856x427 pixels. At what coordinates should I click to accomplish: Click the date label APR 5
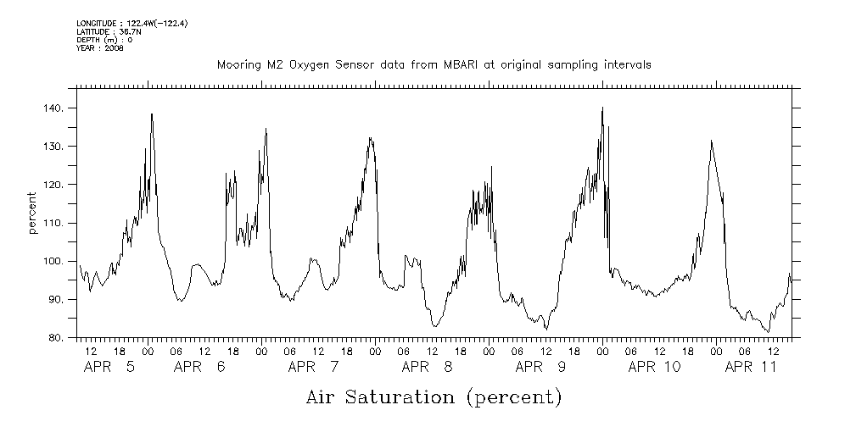[x=109, y=367]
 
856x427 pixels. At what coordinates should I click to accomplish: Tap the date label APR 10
[x=654, y=367]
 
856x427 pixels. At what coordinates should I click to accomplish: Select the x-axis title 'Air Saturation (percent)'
[x=434, y=396]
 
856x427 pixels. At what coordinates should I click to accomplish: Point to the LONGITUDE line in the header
[x=131, y=23]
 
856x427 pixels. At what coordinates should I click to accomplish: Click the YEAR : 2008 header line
[x=99, y=48]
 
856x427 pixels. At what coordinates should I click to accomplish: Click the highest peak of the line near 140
[x=601, y=108]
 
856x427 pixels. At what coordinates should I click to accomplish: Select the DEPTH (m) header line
[x=104, y=40]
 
